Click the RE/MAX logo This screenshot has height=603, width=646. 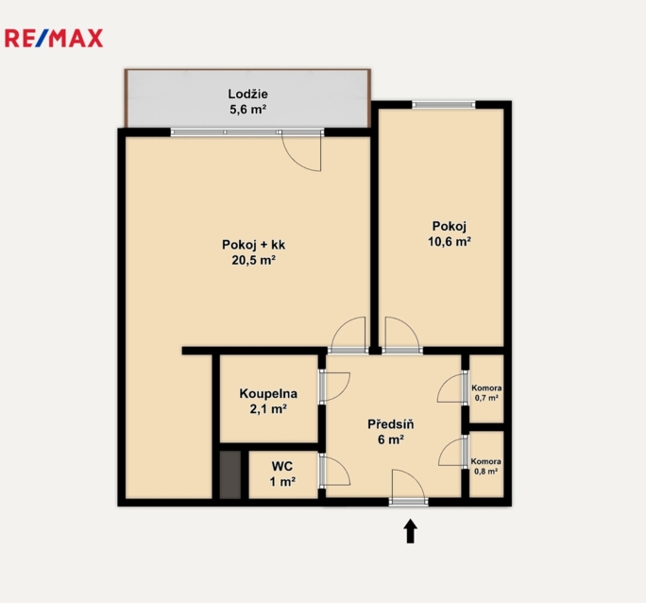(x=54, y=39)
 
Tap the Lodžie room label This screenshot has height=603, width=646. (x=248, y=94)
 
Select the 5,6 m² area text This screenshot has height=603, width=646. (x=248, y=110)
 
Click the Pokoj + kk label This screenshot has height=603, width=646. (x=253, y=245)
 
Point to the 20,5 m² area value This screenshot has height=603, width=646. (x=253, y=260)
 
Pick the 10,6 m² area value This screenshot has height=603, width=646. (x=450, y=242)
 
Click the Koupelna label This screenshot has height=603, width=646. (x=268, y=393)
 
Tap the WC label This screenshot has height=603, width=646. (x=282, y=466)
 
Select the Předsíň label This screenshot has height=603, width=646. (x=391, y=424)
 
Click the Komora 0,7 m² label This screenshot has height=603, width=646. (x=486, y=393)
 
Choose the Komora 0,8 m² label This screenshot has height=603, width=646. (x=486, y=466)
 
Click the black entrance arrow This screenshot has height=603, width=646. (x=410, y=531)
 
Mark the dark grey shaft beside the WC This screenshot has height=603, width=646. (x=229, y=474)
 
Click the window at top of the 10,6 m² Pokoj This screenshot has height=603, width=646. (x=444, y=105)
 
